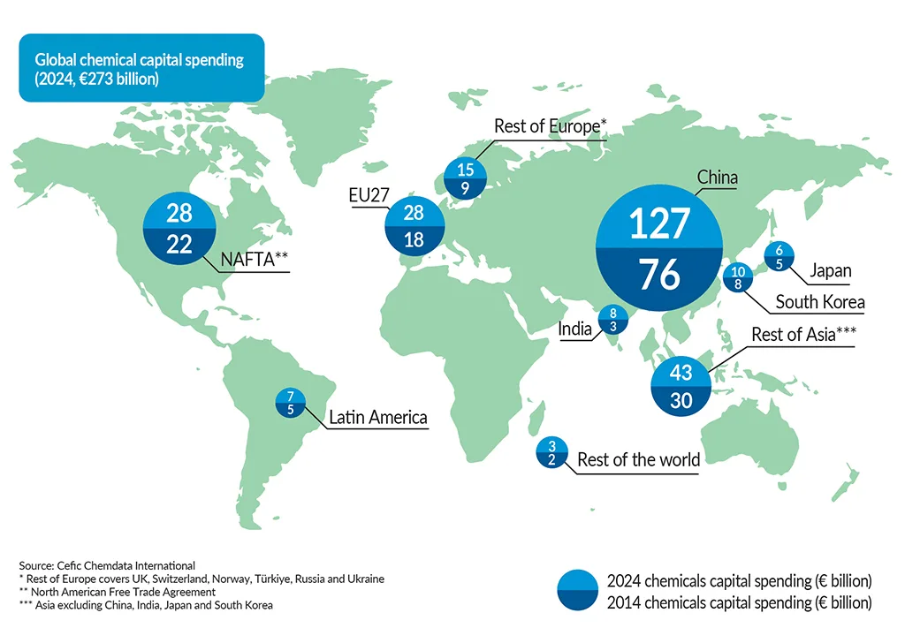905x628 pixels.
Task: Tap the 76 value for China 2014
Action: pos(659,274)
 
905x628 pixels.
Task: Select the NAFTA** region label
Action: pos(255,260)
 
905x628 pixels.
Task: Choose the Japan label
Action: pos(830,271)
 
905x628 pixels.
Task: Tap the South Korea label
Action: pos(819,302)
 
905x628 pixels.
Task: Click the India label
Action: pos(574,329)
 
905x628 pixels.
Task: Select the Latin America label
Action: pos(377,417)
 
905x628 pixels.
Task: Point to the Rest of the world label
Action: pos(638,459)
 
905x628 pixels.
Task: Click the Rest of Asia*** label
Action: pos(803,335)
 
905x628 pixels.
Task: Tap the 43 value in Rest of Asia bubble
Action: pos(681,371)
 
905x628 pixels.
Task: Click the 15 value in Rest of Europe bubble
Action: pos(466,170)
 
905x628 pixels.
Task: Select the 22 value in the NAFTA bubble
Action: pos(179,245)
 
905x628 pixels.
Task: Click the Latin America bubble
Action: pos(290,402)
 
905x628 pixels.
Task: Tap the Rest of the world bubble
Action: pos(551,452)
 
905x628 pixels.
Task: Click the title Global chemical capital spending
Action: pos(139,61)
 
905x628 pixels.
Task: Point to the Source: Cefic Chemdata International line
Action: pos(107,564)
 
